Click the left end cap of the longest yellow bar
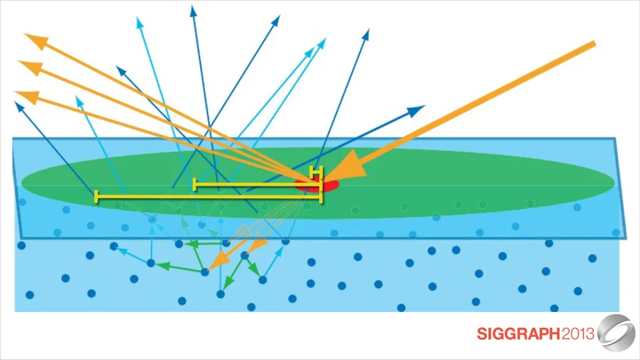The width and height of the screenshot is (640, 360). [x=96, y=196]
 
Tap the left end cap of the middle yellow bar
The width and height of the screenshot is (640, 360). [x=195, y=185]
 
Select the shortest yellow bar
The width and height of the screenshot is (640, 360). [x=316, y=171]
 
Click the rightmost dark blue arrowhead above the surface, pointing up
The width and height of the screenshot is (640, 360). [x=366, y=34]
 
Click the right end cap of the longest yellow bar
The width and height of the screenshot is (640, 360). [x=320, y=196]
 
